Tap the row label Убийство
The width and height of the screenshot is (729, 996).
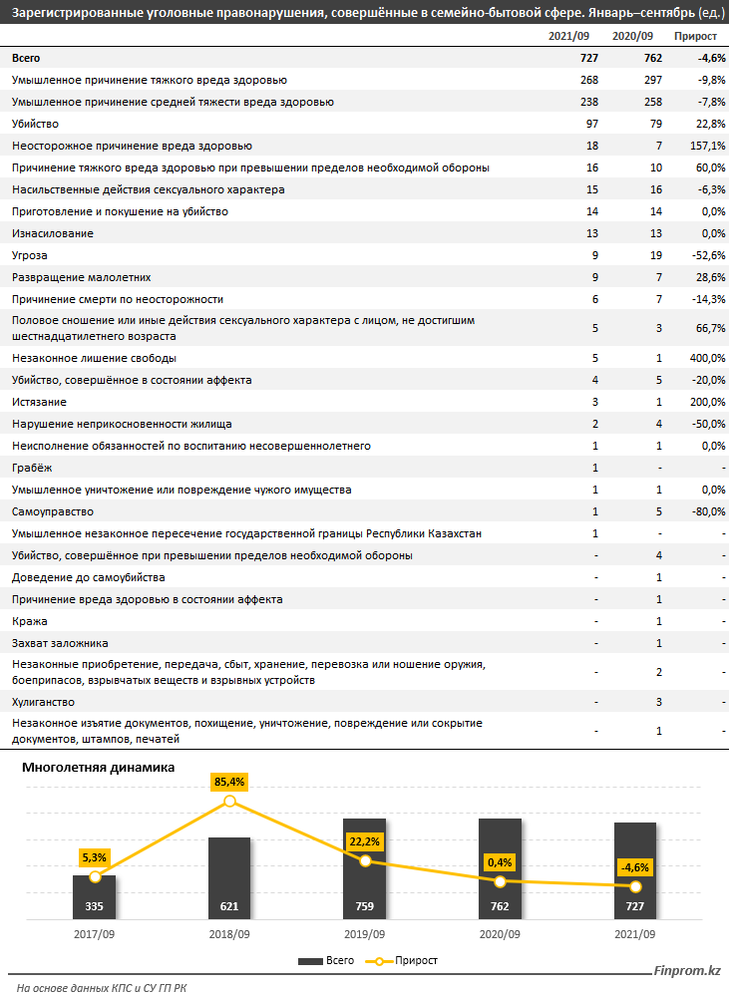click(x=36, y=124)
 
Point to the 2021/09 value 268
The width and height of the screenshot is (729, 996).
click(x=589, y=80)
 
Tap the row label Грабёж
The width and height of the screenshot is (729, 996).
click(x=29, y=468)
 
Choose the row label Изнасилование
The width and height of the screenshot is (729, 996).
click(x=52, y=233)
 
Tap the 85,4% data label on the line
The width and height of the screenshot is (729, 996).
click(x=229, y=782)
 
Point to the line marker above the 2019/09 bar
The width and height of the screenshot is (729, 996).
click(x=365, y=860)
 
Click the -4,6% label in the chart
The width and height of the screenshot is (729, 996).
click(x=635, y=866)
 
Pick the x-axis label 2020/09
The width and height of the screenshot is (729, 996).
click(x=500, y=934)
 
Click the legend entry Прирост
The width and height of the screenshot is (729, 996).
click(x=409, y=961)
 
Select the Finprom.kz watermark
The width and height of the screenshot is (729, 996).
click(x=687, y=970)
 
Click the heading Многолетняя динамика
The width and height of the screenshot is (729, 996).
click(x=93, y=767)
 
